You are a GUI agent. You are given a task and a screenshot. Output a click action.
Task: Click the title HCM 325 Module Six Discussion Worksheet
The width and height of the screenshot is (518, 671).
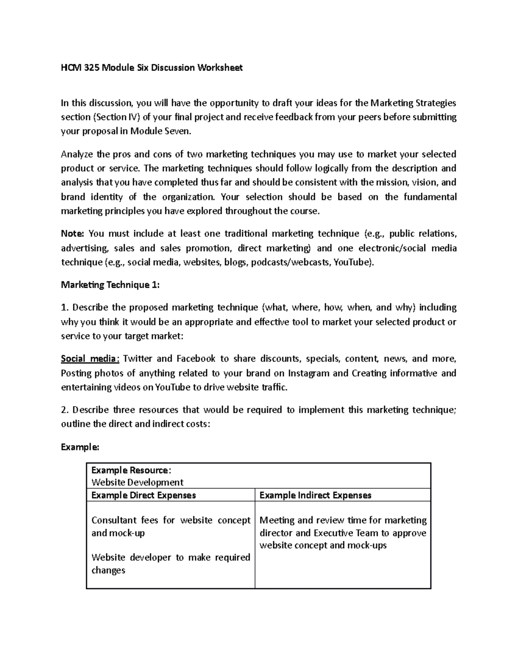(x=152, y=68)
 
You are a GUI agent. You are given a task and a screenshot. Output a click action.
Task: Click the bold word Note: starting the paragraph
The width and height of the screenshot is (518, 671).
(x=72, y=234)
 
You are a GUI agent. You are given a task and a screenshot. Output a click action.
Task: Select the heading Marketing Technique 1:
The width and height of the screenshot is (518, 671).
(x=110, y=285)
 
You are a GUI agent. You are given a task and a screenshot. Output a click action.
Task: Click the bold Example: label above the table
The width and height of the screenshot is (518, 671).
(x=80, y=447)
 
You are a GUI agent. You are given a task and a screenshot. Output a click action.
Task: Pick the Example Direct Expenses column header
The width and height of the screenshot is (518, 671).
(x=144, y=495)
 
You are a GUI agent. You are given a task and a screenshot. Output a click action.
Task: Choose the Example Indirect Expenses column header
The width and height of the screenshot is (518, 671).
(x=315, y=495)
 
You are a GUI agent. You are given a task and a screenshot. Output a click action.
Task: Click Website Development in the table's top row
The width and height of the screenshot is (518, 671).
(x=137, y=482)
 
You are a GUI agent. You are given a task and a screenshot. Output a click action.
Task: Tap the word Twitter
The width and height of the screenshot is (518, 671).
(x=138, y=359)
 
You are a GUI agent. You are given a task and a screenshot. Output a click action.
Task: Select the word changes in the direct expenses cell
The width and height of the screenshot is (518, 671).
(x=108, y=570)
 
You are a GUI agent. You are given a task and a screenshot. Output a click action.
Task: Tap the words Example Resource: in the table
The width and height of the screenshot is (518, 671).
(x=131, y=470)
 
